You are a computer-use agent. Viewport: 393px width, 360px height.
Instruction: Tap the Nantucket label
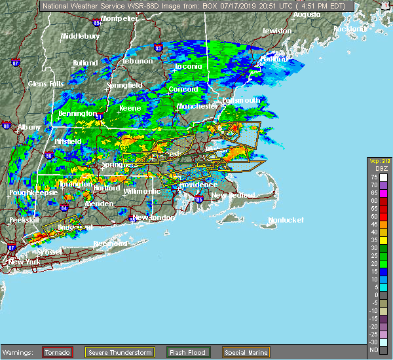click(x=286, y=221)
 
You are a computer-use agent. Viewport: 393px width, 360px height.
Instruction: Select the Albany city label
click(x=29, y=127)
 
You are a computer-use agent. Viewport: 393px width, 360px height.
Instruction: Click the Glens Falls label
click(x=46, y=84)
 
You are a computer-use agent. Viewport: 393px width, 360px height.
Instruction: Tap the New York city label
click(x=25, y=262)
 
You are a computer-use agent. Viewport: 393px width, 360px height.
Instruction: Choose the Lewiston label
click(x=276, y=31)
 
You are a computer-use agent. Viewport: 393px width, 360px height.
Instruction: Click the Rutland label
click(x=85, y=63)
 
